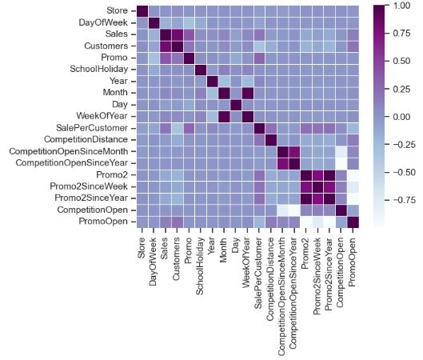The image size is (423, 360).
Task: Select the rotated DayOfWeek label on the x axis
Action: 154,257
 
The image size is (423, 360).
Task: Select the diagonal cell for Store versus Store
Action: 142,10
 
